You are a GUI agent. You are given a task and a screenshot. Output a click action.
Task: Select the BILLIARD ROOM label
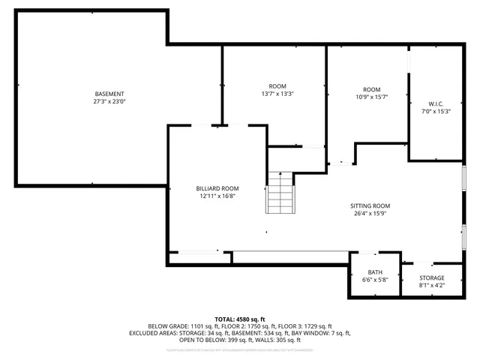click(x=217, y=188)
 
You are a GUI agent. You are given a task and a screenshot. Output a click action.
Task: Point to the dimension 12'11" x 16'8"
click(x=217, y=196)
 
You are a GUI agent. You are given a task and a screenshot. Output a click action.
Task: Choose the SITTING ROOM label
click(x=370, y=205)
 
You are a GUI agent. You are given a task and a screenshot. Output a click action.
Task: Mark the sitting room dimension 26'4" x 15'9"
click(x=370, y=213)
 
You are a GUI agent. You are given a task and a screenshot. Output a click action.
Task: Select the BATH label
click(x=375, y=272)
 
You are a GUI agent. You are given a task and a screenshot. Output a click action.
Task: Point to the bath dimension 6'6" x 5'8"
click(x=375, y=280)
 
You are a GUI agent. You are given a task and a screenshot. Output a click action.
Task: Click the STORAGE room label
click(x=431, y=277)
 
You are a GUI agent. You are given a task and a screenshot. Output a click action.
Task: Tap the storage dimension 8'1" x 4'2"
click(x=431, y=285)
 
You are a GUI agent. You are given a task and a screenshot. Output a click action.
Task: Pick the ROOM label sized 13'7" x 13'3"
click(x=277, y=85)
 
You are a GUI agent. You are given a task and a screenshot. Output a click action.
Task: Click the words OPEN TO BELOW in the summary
click(x=199, y=340)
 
